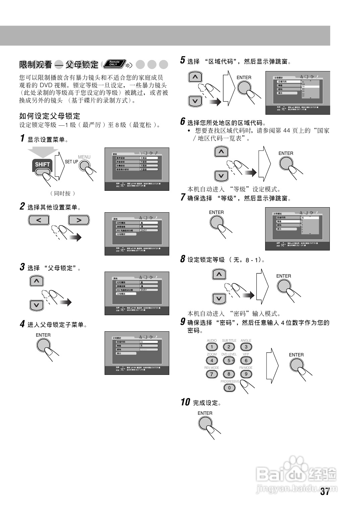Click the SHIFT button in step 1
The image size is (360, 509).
(x=42, y=165)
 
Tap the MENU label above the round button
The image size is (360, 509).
(x=84, y=157)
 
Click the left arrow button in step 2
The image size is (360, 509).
(x=39, y=220)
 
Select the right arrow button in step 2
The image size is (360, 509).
(x=79, y=220)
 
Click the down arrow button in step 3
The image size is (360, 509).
(x=37, y=305)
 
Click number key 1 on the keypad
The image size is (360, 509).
(x=212, y=347)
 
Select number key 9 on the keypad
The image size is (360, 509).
(x=246, y=374)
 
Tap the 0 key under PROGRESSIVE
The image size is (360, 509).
(x=229, y=388)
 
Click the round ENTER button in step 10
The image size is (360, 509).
(x=205, y=424)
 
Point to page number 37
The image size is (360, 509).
(x=325, y=492)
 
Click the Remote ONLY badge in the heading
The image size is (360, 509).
(x=114, y=63)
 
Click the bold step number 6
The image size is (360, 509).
(x=183, y=121)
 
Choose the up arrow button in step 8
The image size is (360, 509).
(x=219, y=275)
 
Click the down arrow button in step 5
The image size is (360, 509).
(x=195, y=101)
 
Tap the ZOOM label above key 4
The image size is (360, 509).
(x=212, y=354)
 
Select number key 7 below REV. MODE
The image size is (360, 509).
(x=212, y=374)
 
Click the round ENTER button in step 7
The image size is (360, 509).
(x=217, y=222)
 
